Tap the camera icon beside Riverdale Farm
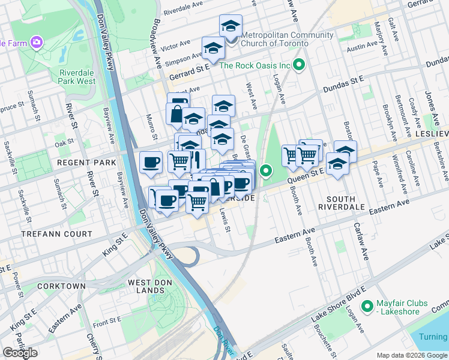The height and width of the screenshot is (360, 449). [x=37, y=42]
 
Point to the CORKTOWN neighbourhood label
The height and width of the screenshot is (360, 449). [x=61, y=286]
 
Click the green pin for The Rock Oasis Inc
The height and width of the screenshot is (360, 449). [x=299, y=65]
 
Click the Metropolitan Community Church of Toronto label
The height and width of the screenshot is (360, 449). [x=286, y=39]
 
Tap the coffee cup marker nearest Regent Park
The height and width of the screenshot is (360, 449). [x=151, y=161]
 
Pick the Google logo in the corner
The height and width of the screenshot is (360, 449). [x=20, y=353]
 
